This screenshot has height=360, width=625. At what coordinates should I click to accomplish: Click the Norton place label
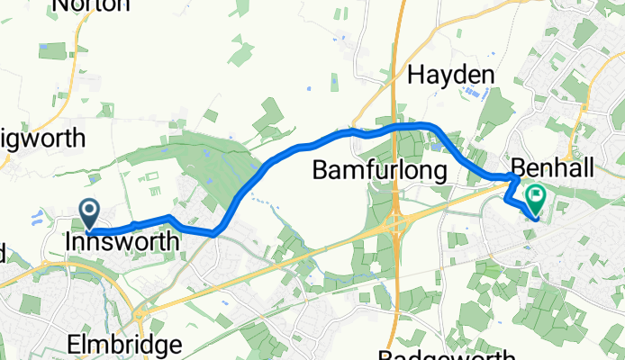tap(92, 5)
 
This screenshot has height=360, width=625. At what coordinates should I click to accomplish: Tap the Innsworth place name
tap(122, 242)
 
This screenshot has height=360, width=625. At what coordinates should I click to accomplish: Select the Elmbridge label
tap(123, 345)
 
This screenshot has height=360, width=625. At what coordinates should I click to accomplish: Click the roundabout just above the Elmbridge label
tap(140, 315)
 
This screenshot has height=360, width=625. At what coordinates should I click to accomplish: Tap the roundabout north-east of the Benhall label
tap(571, 154)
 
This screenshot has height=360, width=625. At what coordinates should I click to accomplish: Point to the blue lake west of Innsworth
tap(38, 217)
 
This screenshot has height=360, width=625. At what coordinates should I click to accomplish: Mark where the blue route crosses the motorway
tap(396, 128)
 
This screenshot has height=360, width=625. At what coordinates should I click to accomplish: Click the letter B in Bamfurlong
tap(320, 169)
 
